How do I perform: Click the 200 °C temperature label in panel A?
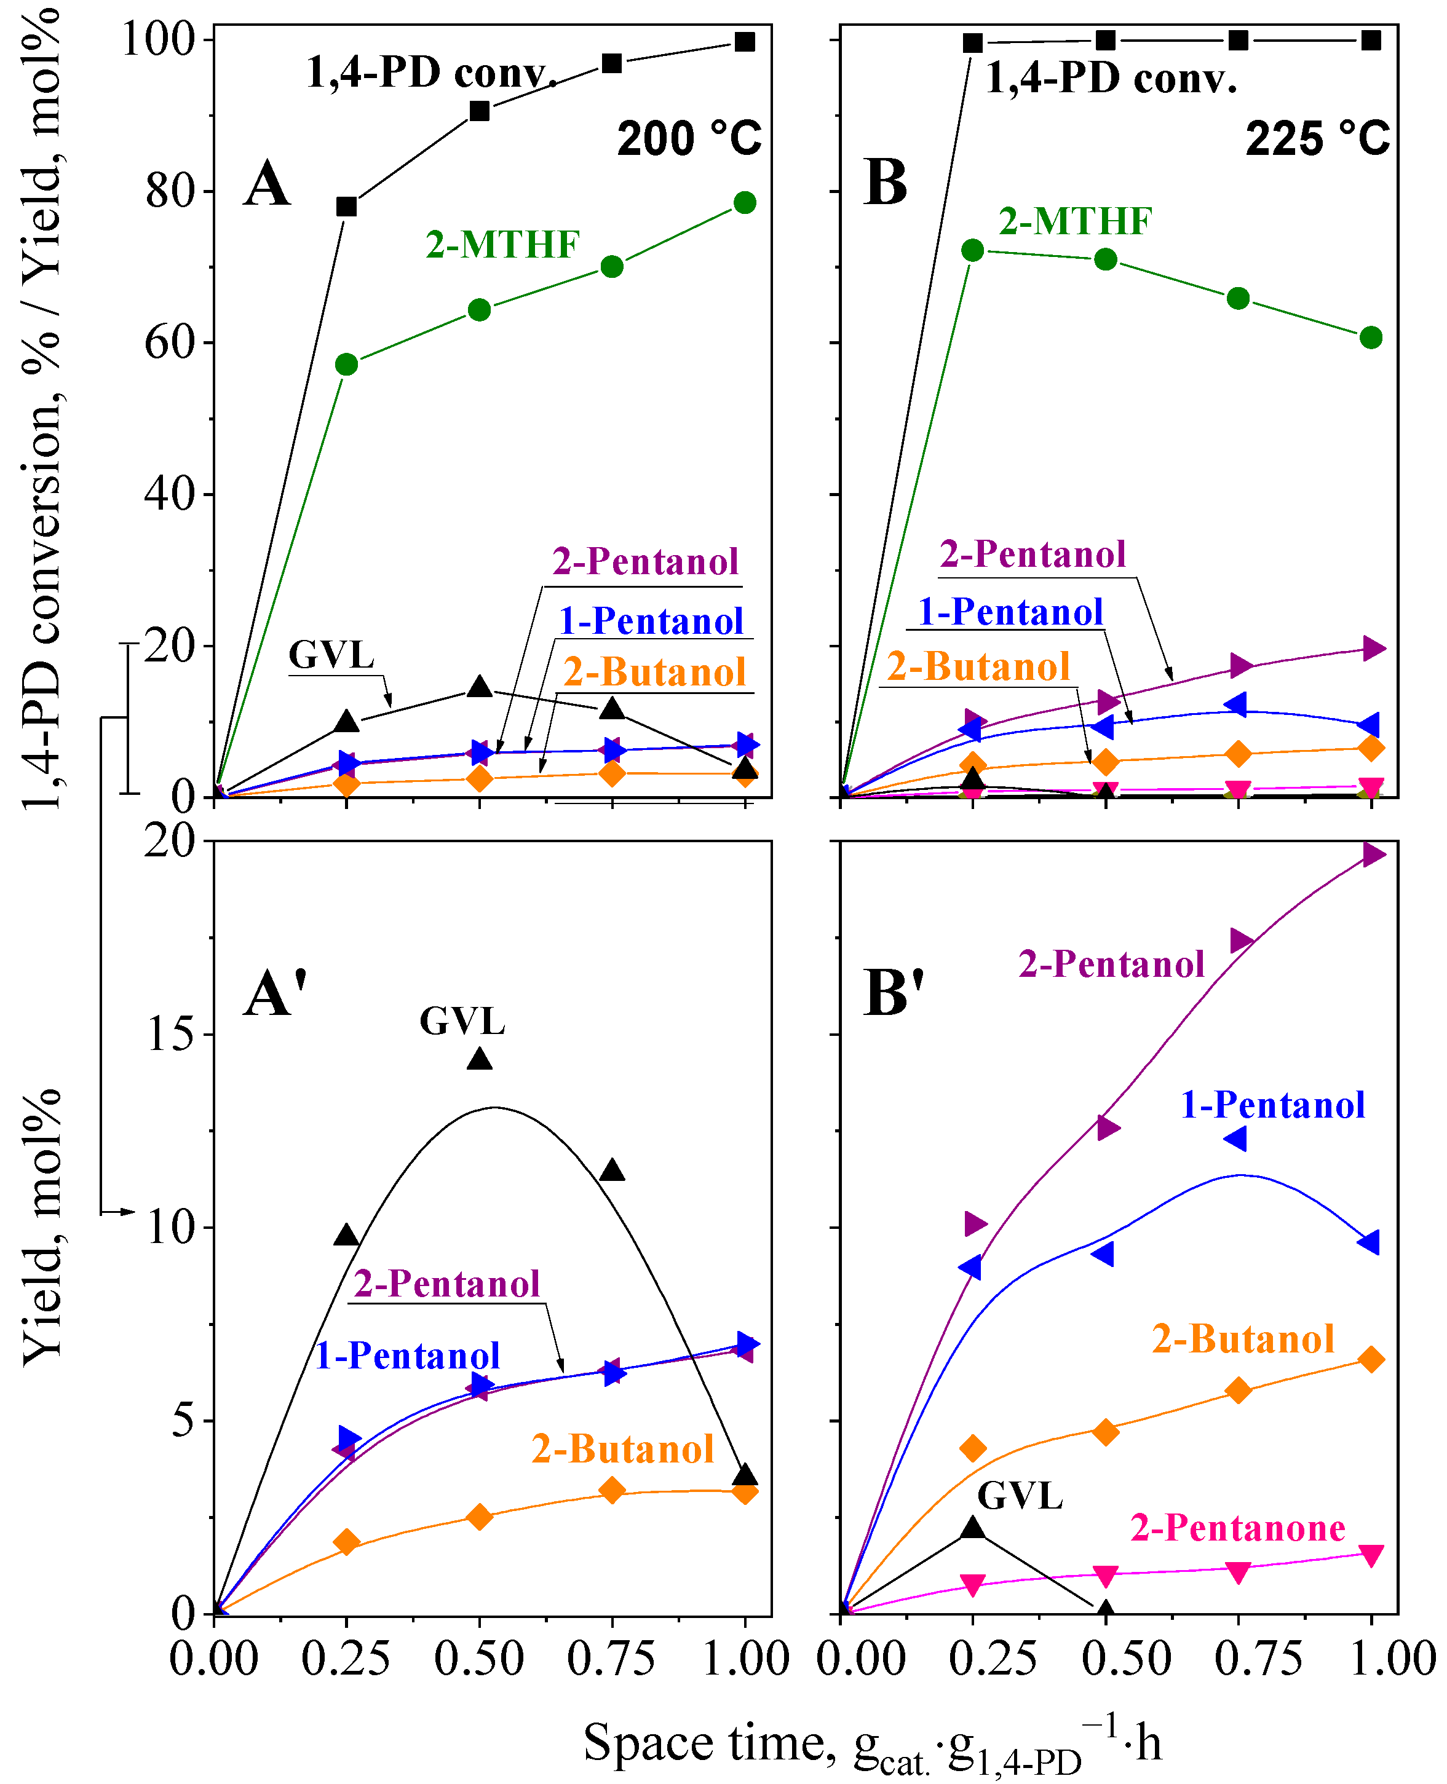(x=689, y=138)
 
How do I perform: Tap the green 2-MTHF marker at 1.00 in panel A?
(x=744, y=202)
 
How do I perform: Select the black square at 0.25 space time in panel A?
(x=346, y=207)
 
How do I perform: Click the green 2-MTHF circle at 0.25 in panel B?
(x=972, y=250)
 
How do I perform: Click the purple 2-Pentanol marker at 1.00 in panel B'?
(x=1373, y=854)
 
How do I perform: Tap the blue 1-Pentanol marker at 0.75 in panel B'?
(x=1236, y=1139)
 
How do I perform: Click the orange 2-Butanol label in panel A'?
(x=622, y=1449)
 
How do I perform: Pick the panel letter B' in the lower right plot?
(x=894, y=993)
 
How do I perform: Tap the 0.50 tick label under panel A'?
(x=478, y=1658)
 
